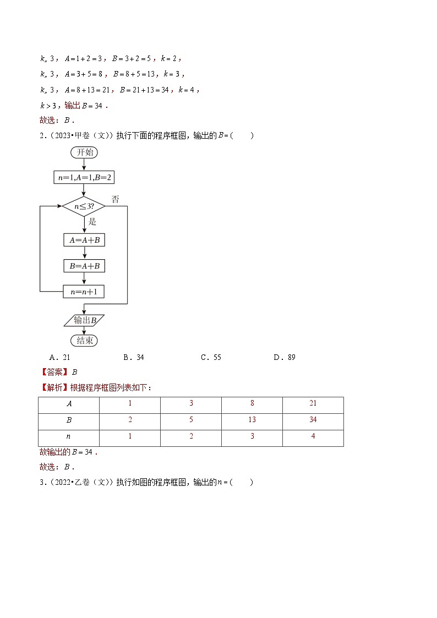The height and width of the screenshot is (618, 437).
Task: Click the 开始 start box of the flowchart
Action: pos(84,152)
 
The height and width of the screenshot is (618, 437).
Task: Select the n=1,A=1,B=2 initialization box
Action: pos(84,178)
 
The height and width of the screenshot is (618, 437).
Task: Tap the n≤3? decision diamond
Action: pos(84,207)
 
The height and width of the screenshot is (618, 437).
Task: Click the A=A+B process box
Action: pos(84,240)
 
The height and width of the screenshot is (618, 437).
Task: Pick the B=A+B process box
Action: pos(84,266)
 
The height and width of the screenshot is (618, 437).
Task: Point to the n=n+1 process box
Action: pos(84,292)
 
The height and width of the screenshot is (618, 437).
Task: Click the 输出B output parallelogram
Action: pos(84,320)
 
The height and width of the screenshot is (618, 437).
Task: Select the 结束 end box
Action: pos(84,341)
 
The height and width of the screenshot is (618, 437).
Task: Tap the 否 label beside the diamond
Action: pos(115,199)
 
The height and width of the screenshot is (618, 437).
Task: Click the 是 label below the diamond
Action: pos(92,221)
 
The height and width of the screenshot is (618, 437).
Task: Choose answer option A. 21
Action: pos(59,357)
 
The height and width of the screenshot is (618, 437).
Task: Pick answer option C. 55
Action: pos(211,357)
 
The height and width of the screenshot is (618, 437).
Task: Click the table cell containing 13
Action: pos(252,420)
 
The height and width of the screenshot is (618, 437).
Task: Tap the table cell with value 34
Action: pos(313,420)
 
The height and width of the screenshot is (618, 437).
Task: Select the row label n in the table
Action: pos(69,437)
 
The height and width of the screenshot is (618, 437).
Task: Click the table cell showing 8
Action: pos(252,403)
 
